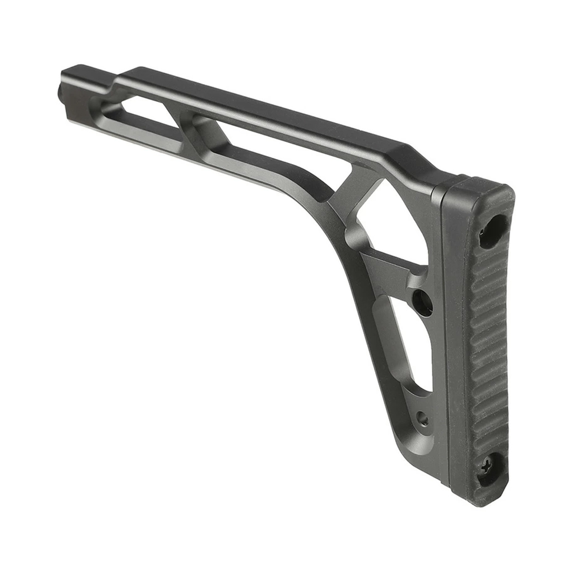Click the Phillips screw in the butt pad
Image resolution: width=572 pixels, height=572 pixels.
pyautogui.click(x=487, y=467)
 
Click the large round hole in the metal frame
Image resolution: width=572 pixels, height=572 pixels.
pyautogui.click(x=423, y=302)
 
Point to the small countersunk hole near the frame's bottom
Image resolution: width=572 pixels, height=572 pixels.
pyautogui.click(x=422, y=419)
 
